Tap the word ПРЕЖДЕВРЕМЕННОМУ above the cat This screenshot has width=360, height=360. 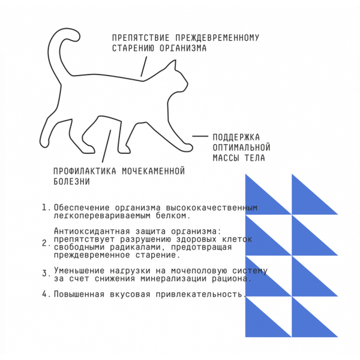(x=214, y=38)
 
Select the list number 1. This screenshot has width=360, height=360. (x=44, y=208)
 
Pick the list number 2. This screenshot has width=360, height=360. (x=44, y=243)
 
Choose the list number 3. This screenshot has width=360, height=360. (x=44, y=273)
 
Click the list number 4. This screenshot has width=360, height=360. (x=44, y=294)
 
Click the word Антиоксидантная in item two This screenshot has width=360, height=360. (x=91, y=231)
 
